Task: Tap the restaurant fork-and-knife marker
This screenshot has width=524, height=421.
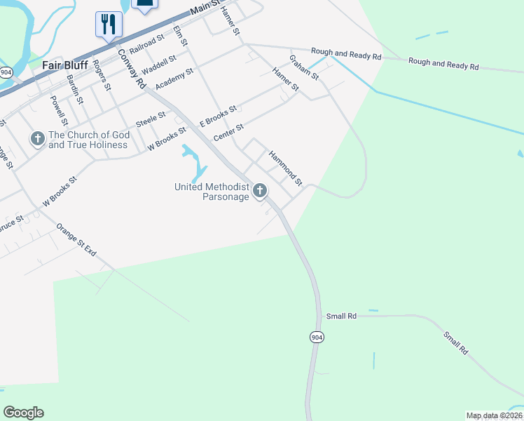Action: point(109,25)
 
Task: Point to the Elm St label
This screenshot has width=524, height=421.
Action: point(181,36)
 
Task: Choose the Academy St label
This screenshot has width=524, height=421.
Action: point(174,78)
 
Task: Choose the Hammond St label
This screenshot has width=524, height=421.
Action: point(285,168)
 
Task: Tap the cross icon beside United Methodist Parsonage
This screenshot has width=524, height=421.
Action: point(260,190)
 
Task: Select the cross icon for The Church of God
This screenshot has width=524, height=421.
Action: point(37,138)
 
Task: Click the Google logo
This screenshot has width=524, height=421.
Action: point(23,413)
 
